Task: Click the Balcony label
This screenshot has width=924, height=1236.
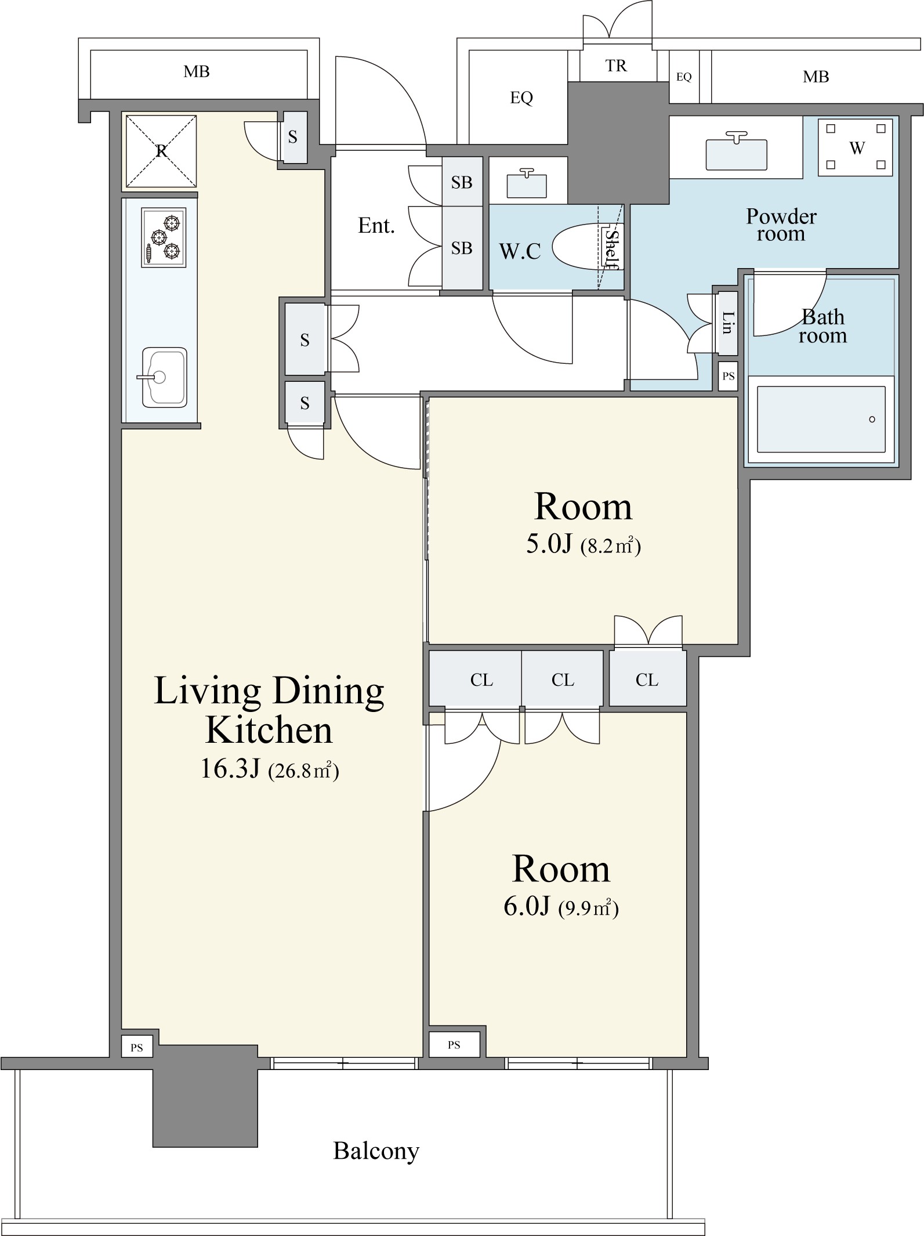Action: [x=376, y=1151]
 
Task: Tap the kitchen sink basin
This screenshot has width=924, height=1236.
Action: [x=164, y=378]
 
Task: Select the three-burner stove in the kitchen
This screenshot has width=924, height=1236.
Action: [x=164, y=237]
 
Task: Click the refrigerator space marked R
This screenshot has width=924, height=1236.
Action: [x=161, y=151]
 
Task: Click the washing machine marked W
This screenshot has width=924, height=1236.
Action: [x=855, y=147]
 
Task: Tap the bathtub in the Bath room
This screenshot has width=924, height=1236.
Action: [x=821, y=419]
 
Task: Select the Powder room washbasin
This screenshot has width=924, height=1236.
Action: [x=736, y=153]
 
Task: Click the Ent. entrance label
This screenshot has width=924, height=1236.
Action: [x=376, y=225]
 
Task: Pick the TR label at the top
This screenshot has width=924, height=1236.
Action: [x=616, y=66]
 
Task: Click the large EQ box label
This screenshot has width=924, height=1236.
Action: [x=521, y=98]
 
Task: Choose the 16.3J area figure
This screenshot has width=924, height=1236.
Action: [x=229, y=769]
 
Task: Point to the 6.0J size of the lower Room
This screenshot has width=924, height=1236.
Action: [x=526, y=906]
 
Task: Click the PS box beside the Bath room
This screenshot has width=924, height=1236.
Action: [x=728, y=376]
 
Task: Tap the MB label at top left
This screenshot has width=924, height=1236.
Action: [x=196, y=72]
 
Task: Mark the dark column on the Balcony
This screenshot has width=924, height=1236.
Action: [x=205, y=1096]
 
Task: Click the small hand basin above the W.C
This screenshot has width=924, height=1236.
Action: [x=527, y=184]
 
